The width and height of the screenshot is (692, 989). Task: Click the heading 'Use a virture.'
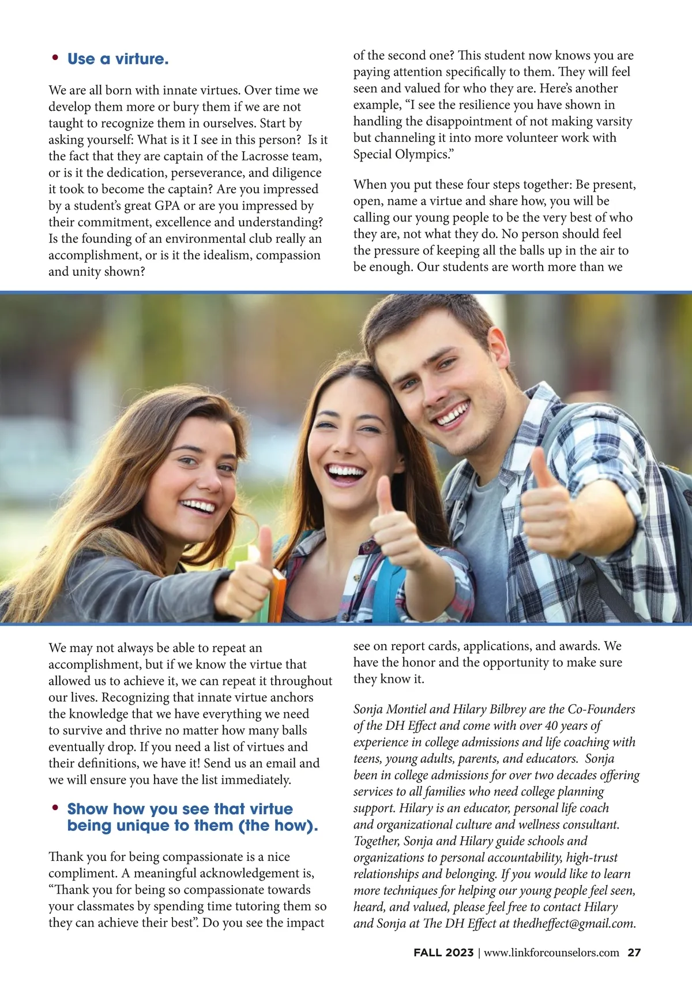[118, 59]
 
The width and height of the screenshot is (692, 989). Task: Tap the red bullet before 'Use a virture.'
[55, 57]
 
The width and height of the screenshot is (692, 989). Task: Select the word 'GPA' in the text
[167, 206]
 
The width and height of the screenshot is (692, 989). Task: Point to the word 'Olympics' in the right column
[423, 154]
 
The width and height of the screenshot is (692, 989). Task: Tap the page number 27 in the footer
[634, 953]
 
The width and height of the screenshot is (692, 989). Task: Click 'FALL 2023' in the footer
[443, 953]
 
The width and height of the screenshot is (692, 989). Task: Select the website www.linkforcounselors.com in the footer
[551, 953]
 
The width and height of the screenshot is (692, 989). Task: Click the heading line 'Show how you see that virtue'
[180, 809]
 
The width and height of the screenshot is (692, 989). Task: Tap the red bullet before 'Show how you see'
[55, 807]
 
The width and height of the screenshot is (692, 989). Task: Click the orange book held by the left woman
[278, 594]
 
